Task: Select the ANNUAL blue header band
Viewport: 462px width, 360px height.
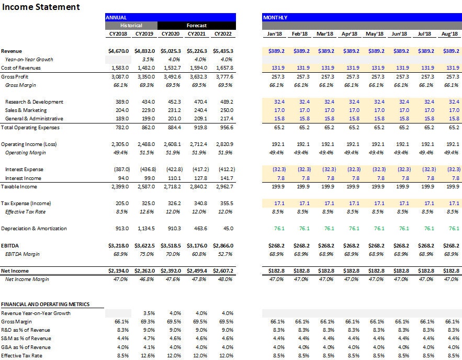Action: pos(170,17)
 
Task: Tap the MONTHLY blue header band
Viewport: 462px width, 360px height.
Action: pos(362,17)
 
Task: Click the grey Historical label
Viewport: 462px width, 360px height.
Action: pos(131,25)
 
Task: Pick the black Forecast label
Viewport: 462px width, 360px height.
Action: pos(196,25)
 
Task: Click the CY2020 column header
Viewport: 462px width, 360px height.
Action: pos(171,34)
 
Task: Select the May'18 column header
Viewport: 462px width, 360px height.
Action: pos(374,34)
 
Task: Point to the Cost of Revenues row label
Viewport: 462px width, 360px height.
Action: pos(21,68)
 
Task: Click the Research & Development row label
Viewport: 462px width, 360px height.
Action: pos(34,102)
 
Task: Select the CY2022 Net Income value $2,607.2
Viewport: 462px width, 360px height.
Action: pos(223,271)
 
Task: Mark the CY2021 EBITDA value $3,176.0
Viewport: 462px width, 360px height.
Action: pos(197,245)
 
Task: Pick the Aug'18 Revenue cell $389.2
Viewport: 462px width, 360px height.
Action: pos(450,51)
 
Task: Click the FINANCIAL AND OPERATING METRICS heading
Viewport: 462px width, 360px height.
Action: pos(45,305)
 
